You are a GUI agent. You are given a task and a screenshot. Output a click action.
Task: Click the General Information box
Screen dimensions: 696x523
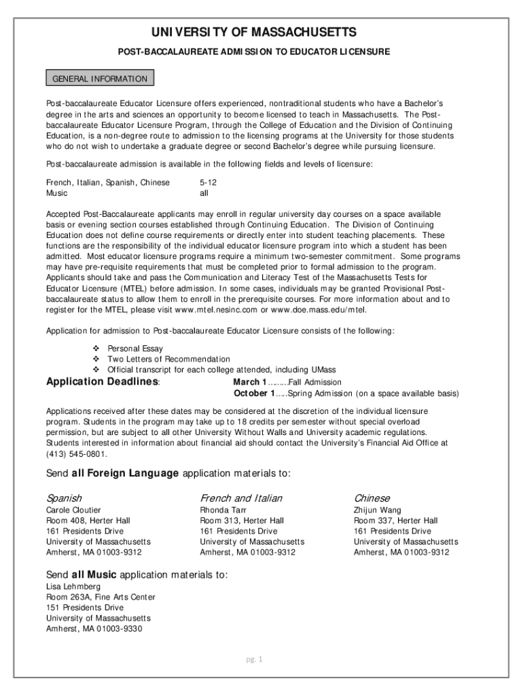point(100,79)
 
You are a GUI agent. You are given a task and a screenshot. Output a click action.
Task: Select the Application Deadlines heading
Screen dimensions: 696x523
point(102,381)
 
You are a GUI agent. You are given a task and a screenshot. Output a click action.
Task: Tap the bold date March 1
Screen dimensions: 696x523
point(250,382)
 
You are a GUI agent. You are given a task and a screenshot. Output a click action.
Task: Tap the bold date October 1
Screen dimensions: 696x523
point(254,393)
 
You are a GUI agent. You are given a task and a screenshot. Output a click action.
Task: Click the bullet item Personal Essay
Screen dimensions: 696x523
point(135,348)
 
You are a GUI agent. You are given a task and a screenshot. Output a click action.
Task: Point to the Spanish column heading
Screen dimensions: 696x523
point(64,498)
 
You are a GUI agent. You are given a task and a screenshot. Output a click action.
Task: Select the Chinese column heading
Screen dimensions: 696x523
point(372,498)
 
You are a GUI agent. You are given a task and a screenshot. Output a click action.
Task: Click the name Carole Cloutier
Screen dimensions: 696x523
point(73,510)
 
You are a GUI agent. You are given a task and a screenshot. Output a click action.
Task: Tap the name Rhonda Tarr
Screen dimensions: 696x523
point(223,510)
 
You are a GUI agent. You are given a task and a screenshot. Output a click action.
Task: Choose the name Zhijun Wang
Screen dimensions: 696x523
point(377,510)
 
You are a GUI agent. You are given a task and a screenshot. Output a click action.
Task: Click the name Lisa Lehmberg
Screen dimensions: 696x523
point(73,586)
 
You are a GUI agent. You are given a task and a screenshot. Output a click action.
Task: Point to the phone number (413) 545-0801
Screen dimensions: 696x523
point(76,453)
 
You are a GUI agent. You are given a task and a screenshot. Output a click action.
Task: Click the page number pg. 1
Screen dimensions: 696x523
point(255,659)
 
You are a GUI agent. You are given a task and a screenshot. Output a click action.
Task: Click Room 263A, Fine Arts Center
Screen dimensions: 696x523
point(101,597)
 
